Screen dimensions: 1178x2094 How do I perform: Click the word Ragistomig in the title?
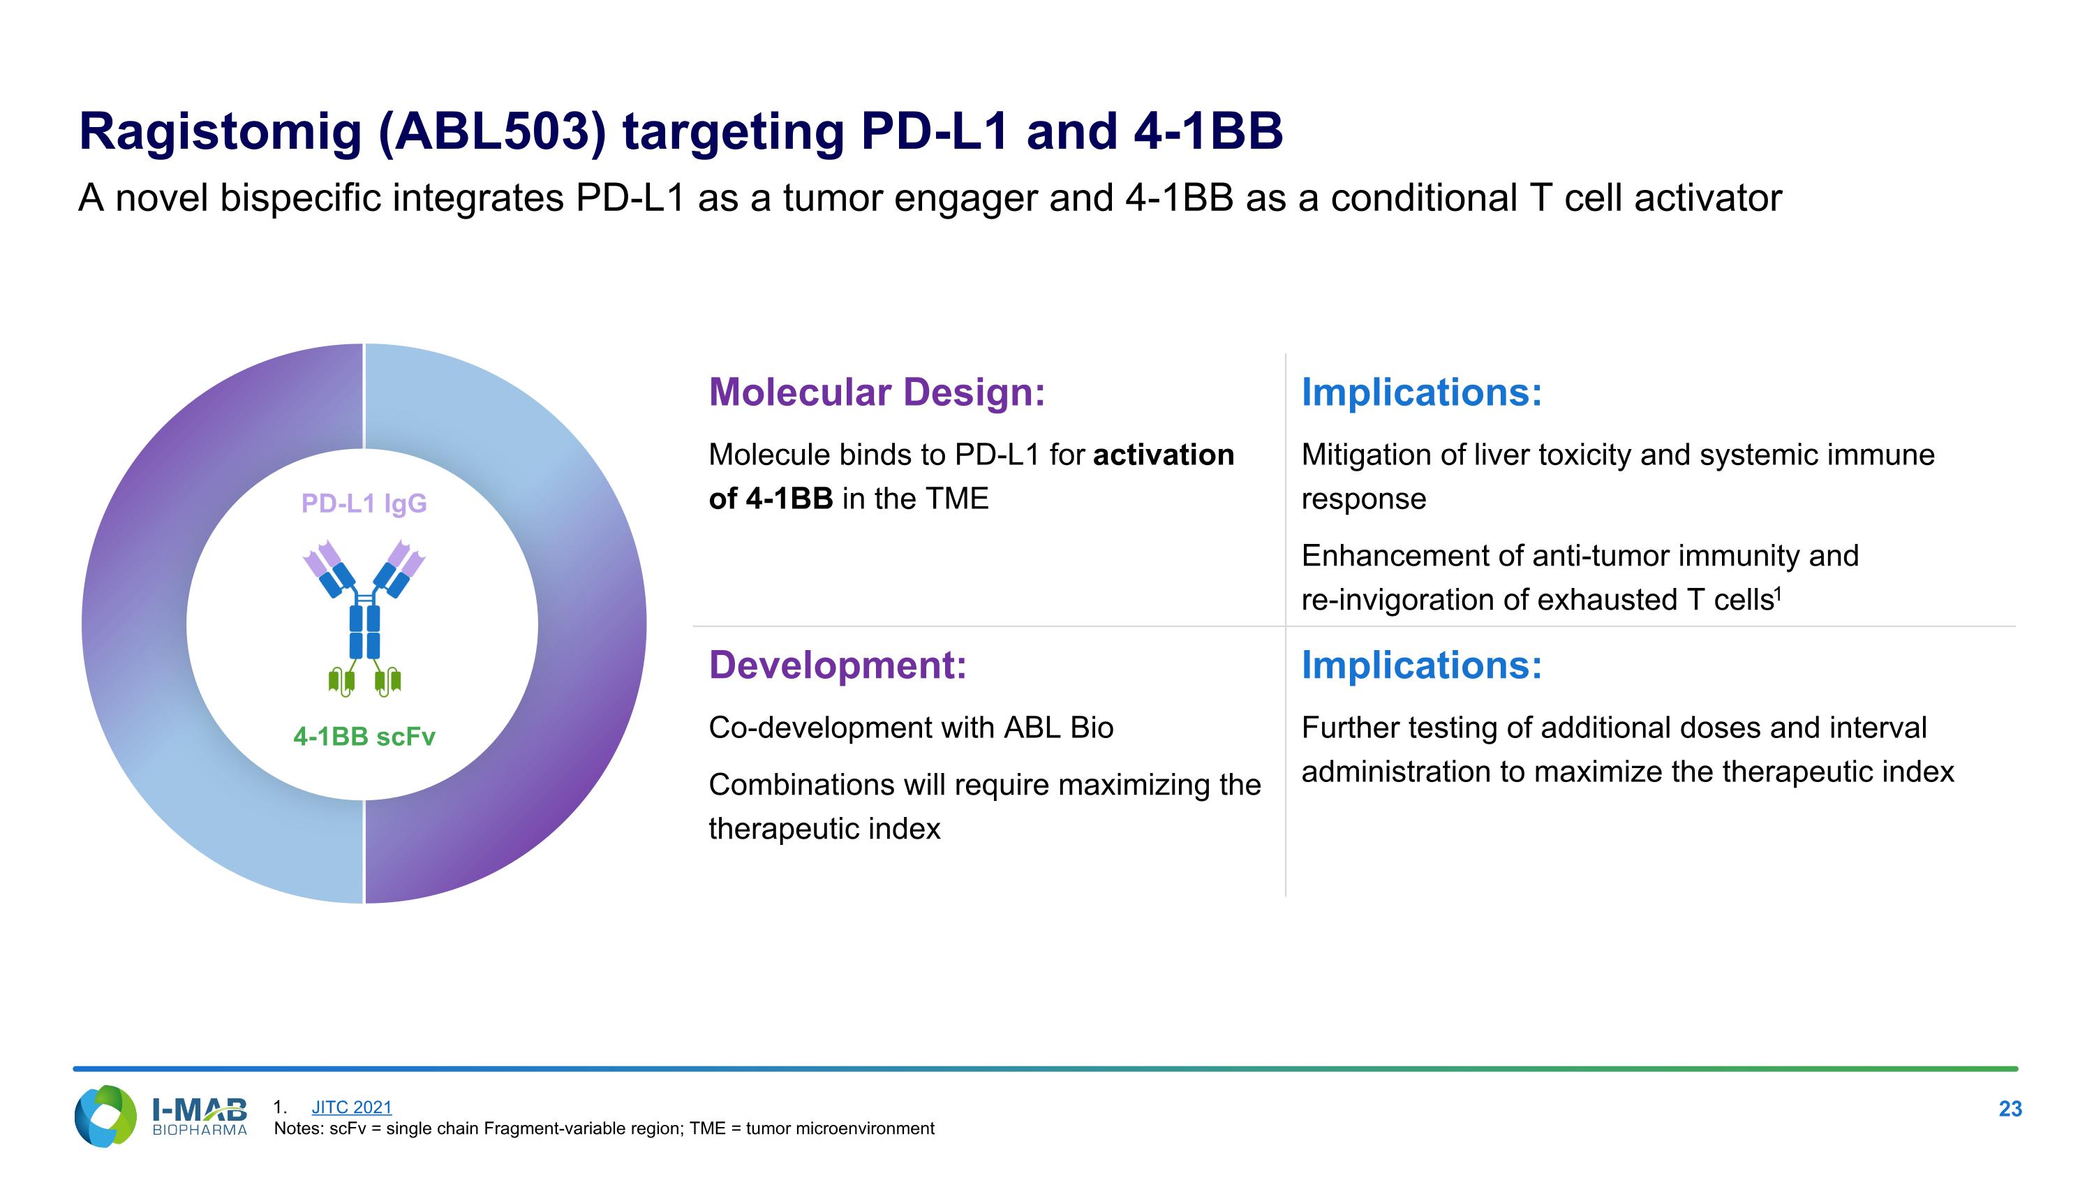click(219, 132)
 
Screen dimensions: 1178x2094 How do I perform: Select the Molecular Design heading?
click(876, 392)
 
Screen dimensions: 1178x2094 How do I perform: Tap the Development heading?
click(838, 665)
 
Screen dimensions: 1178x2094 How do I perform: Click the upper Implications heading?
click(1421, 392)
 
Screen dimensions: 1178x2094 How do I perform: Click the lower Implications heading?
click(1421, 665)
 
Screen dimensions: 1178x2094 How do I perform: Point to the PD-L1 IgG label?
click(364, 503)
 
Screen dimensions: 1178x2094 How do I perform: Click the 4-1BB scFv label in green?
click(364, 737)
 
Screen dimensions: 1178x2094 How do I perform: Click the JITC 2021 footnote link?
click(351, 1107)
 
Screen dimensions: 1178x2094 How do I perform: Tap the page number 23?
click(2010, 1109)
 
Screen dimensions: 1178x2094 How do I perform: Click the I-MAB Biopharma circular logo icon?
click(105, 1117)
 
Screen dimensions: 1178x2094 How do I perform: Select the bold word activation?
click(1162, 455)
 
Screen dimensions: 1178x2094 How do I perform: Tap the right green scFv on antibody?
click(389, 679)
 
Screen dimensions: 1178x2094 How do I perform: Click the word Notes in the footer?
click(297, 1129)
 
